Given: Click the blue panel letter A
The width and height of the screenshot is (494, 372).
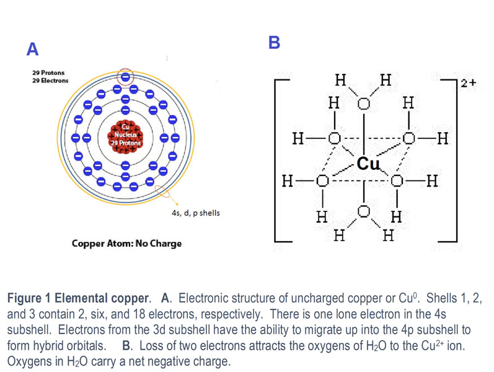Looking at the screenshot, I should point(32,49).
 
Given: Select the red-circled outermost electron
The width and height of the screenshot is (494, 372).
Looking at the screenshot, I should point(126,77).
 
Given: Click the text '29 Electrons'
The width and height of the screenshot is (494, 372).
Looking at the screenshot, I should point(51,81).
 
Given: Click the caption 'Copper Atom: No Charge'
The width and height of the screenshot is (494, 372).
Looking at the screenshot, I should point(127,243).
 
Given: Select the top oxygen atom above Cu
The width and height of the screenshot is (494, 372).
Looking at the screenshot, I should point(364,104).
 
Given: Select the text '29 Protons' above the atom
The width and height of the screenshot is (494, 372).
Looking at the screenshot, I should point(48,73).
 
